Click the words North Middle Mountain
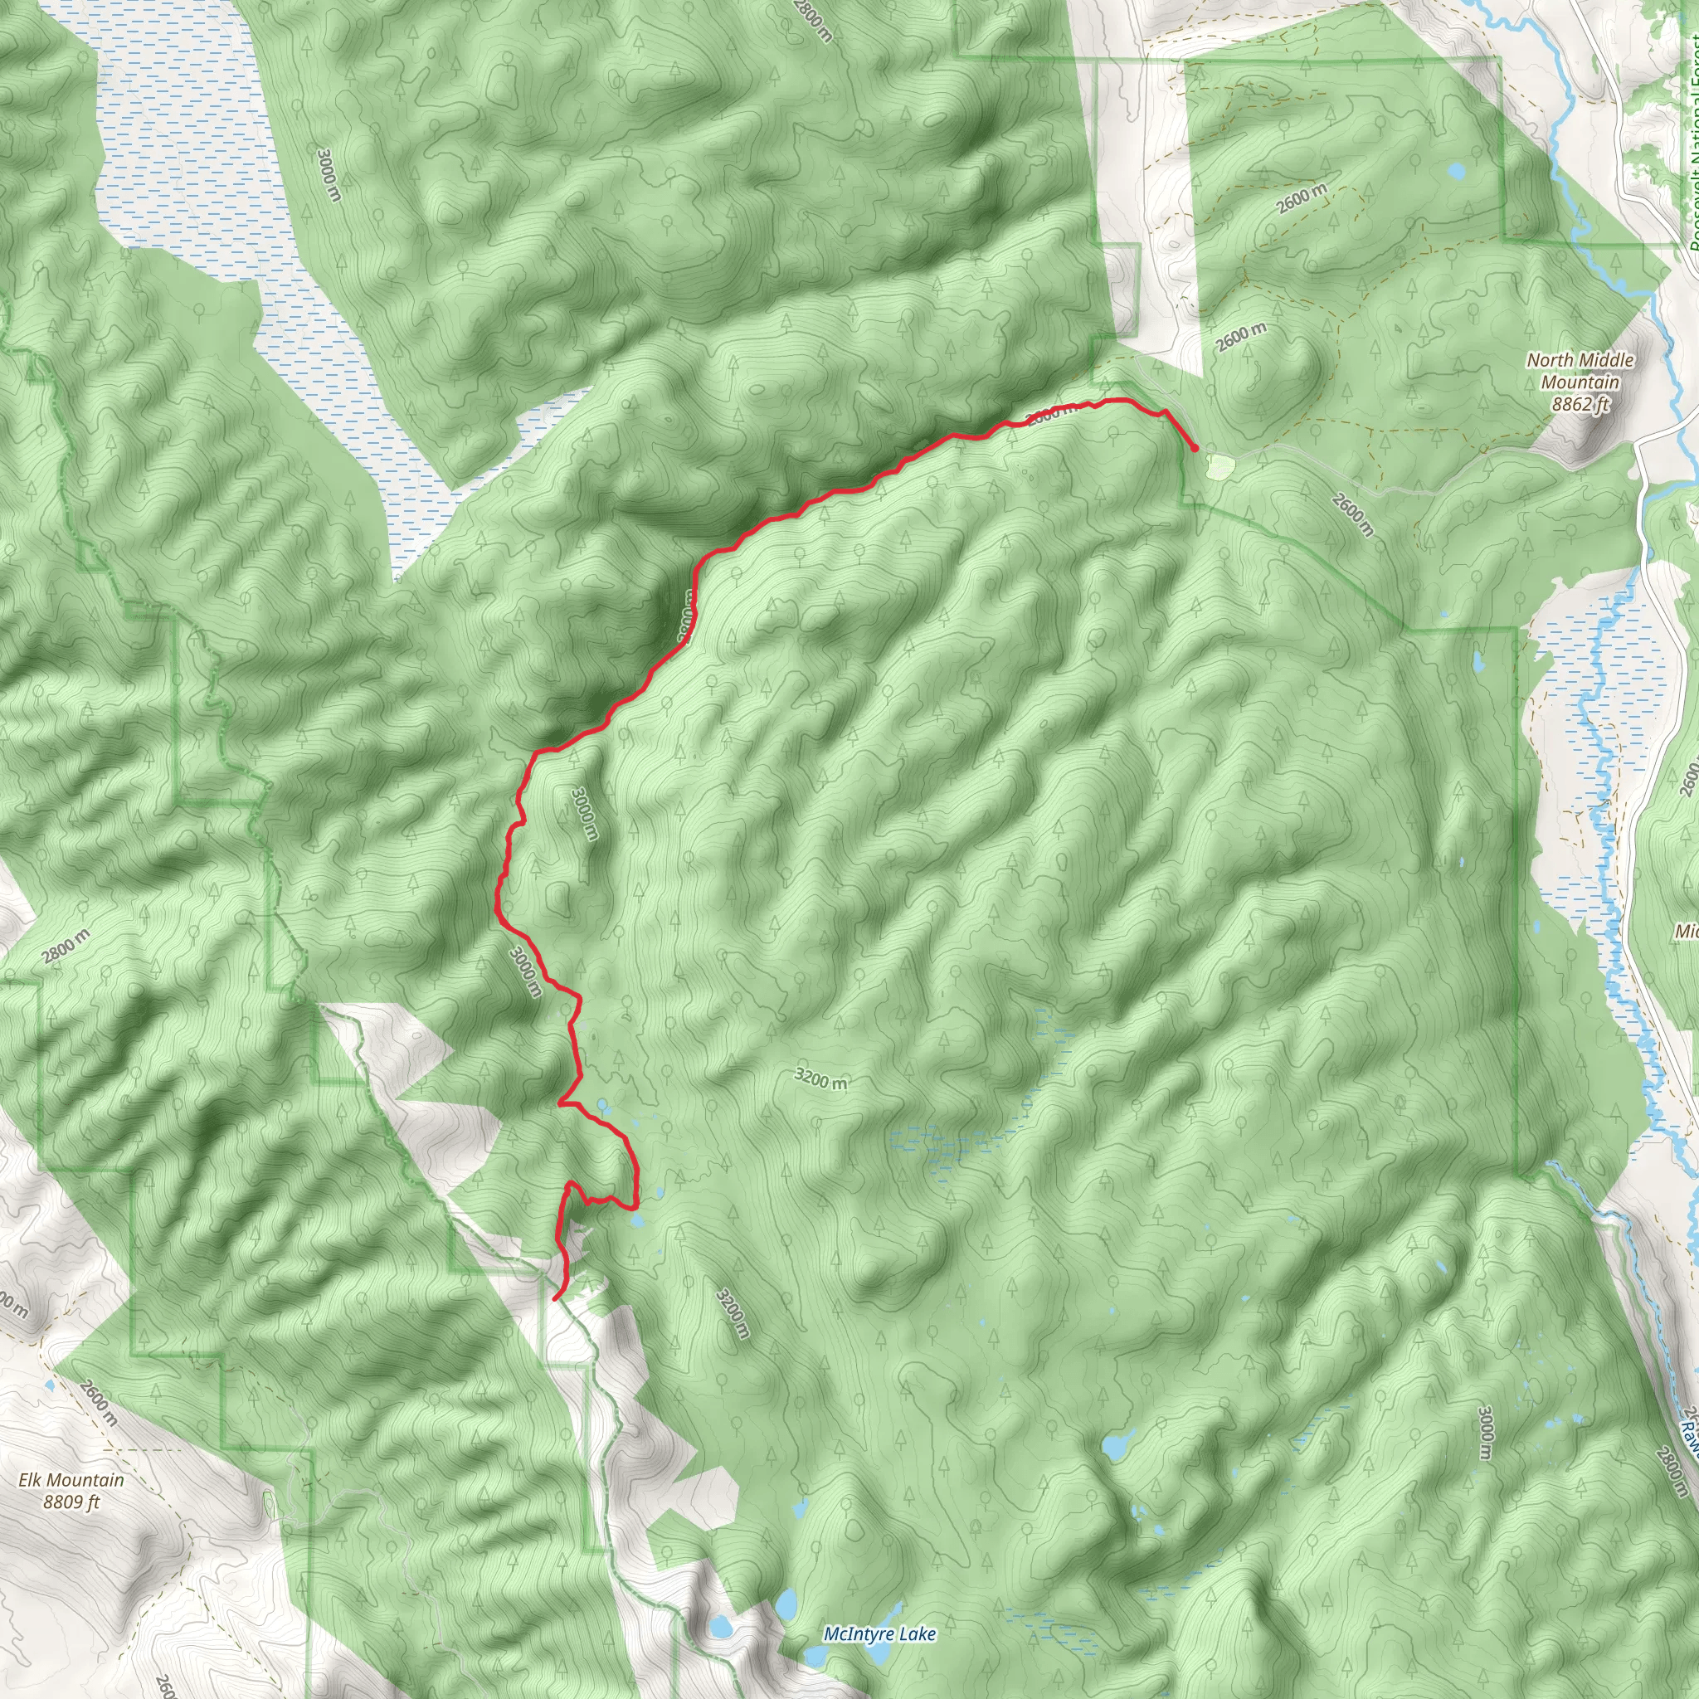1580,371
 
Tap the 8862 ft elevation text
1580,405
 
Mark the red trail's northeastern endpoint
1195,450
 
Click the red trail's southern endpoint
557,1298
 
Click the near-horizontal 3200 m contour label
820,1078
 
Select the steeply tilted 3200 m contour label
732,1313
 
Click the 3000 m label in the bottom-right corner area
1484,1433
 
